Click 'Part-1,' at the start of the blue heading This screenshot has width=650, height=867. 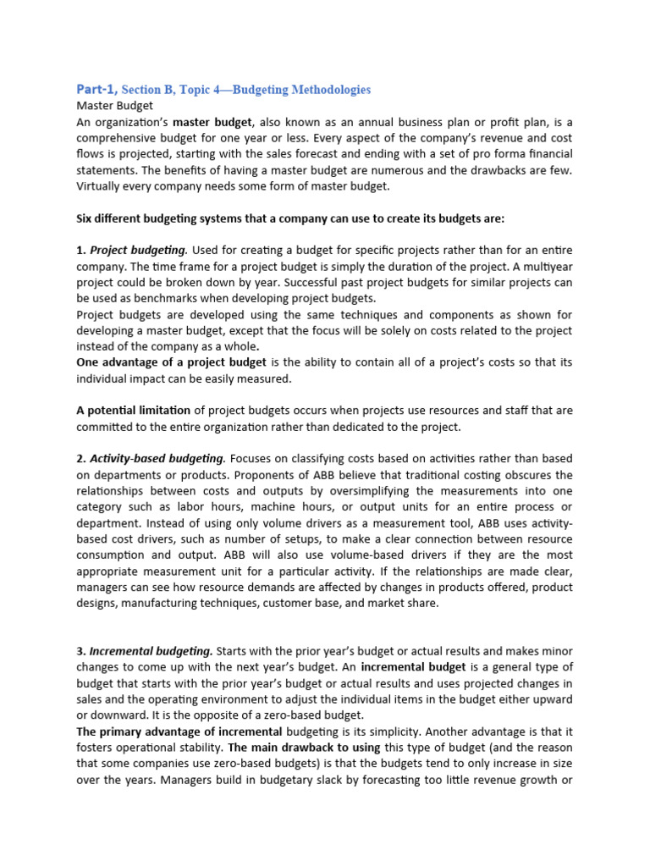tap(96, 89)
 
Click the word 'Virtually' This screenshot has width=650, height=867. tap(102, 186)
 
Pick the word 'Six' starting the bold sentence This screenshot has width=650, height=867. tap(85, 218)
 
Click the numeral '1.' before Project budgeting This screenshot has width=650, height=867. tap(81, 250)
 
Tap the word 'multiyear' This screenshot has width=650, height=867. tap(543, 266)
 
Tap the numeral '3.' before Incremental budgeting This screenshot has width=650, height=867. tap(81, 651)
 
